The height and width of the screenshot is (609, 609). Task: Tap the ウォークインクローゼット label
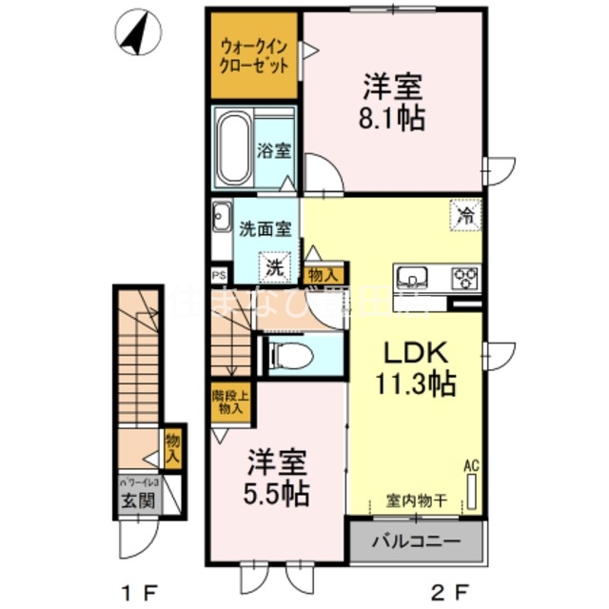tap(252, 57)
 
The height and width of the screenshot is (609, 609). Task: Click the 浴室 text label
tap(275, 150)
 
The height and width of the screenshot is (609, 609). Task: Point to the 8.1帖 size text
tap(392, 120)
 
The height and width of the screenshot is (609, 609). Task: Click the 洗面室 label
tap(265, 228)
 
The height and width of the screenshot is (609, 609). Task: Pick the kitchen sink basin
tap(413, 277)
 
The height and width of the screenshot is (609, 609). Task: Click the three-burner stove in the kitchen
tap(465, 277)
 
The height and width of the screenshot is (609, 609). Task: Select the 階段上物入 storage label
tap(227, 401)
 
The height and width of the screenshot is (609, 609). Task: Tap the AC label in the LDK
tap(469, 466)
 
